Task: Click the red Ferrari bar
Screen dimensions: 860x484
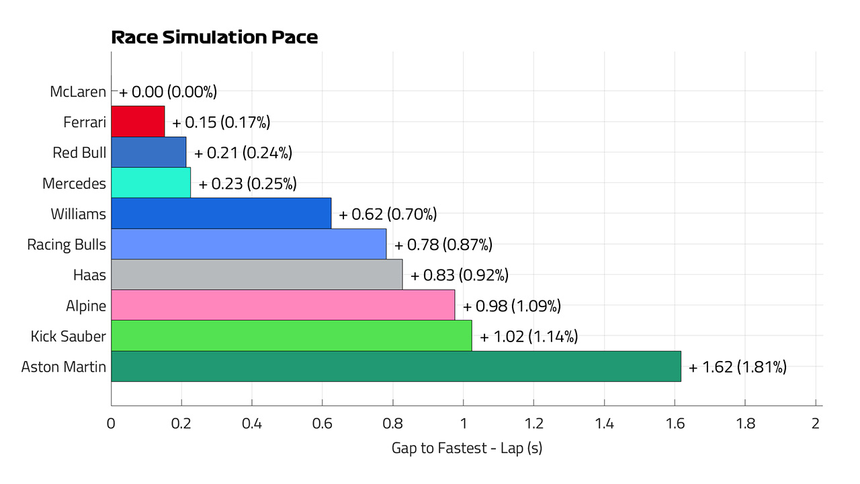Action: pos(138,122)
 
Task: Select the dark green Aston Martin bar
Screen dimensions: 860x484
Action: pos(396,366)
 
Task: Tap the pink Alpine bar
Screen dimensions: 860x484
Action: pos(283,305)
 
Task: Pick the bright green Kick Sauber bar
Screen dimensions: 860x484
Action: pos(292,335)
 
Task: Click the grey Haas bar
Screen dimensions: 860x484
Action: pos(257,275)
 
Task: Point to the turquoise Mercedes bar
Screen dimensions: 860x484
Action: pos(151,183)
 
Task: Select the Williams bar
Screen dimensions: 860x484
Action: pos(221,214)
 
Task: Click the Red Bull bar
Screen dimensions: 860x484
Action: pos(148,152)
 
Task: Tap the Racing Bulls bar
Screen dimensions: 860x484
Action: pos(249,244)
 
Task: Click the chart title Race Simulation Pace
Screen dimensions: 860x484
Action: pos(214,37)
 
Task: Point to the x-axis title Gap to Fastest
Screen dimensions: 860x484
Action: pos(439,448)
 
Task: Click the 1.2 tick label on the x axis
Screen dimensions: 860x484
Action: pos(533,424)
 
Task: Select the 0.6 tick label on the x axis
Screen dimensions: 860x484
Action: pos(322,424)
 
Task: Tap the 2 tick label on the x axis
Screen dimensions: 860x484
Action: pos(816,424)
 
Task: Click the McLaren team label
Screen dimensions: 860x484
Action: pos(78,92)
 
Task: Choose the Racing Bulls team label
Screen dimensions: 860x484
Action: pos(67,245)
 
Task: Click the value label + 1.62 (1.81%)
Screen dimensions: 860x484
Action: pos(738,367)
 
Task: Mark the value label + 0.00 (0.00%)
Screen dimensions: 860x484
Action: pos(168,92)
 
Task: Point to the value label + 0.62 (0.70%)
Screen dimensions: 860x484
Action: pos(388,214)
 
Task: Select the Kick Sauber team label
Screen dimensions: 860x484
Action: pos(69,337)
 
